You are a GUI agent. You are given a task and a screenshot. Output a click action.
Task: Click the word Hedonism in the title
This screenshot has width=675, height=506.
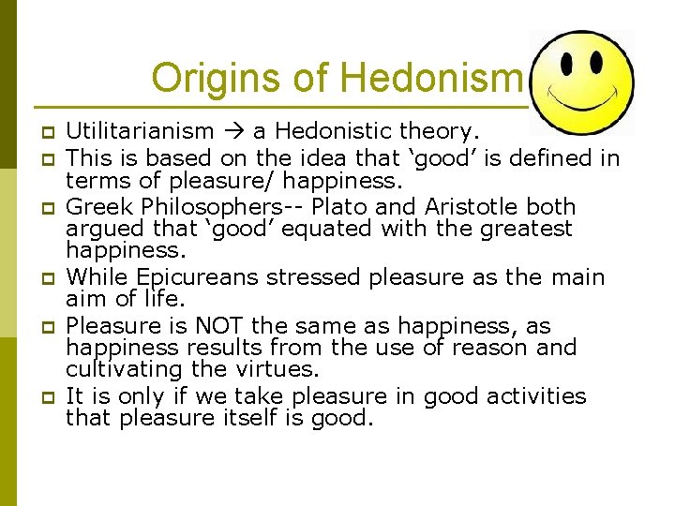click(430, 77)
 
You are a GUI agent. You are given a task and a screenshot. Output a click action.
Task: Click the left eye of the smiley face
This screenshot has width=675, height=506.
click(569, 62)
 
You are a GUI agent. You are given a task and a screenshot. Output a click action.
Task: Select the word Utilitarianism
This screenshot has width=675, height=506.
click(140, 131)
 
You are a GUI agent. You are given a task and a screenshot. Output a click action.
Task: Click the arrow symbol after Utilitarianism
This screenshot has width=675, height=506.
click(230, 132)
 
